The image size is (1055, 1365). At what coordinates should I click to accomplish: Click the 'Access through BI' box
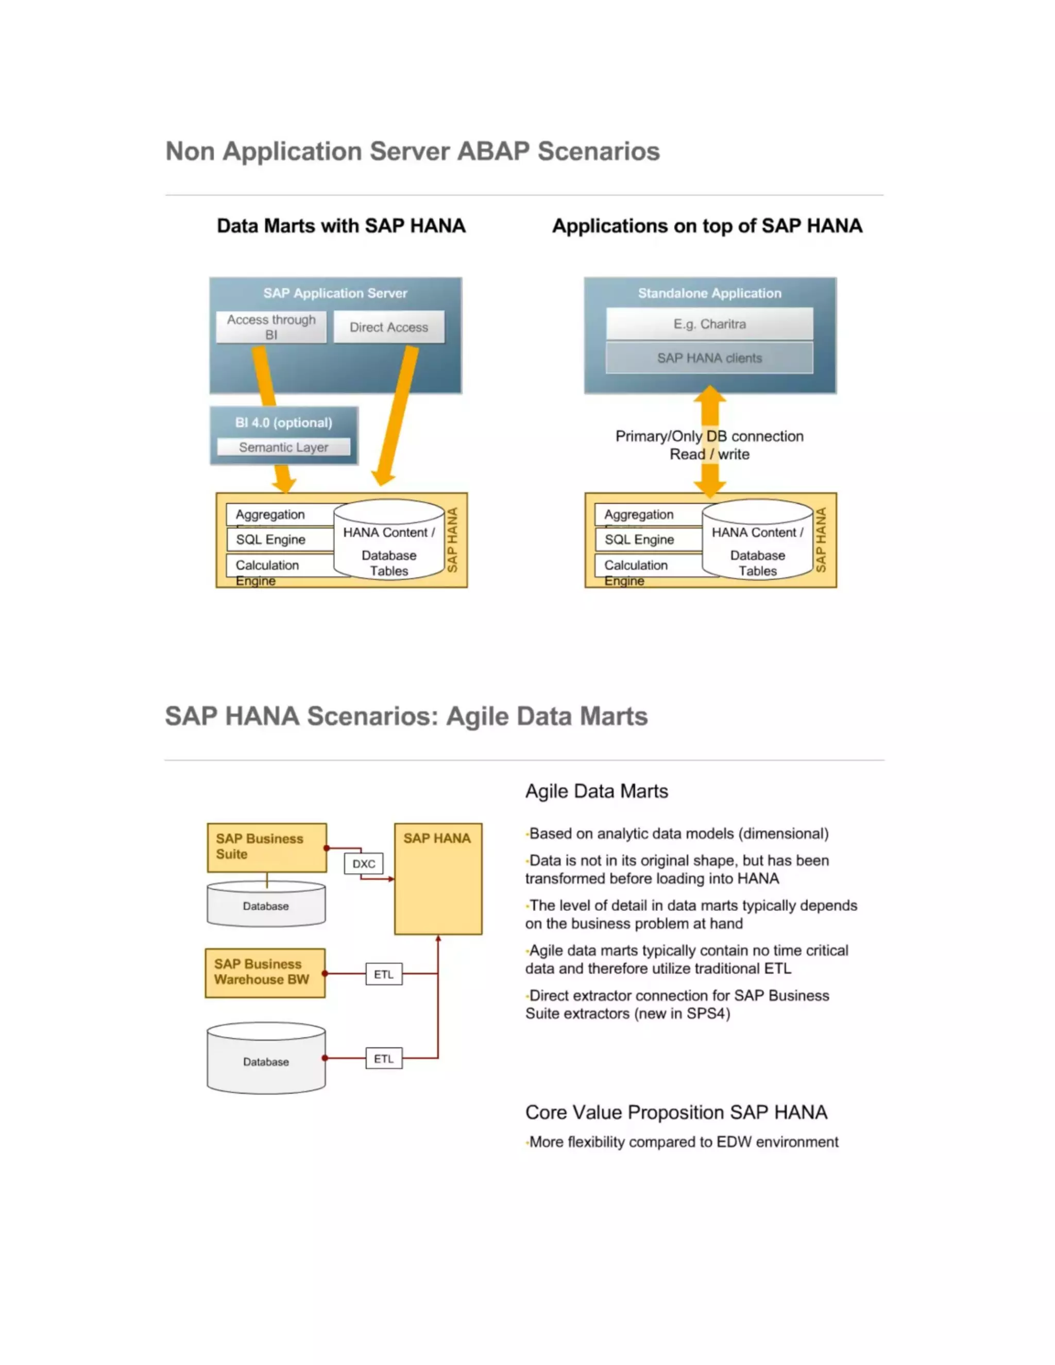click(x=271, y=327)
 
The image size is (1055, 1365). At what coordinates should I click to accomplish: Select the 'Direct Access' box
click(x=389, y=327)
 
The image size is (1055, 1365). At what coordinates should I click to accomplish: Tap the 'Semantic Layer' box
click(x=284, y=447)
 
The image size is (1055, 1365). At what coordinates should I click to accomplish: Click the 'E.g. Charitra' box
click(x=709, y=324)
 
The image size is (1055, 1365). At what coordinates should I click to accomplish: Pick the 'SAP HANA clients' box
click(x=709, y=358)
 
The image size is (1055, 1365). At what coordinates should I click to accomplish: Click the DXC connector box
click(x=364, y=864)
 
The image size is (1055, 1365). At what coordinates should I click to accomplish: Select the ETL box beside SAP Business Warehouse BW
click(x=384, y=975)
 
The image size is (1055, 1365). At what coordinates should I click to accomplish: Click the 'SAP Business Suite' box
click(x=267, y=847)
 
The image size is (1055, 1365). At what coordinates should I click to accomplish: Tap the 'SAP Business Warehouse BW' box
click(x=265, y=972)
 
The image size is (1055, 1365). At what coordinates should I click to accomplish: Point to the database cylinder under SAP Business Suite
click(x=266, y=906)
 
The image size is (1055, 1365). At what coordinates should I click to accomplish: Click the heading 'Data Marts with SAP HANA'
click(x=341, y=226)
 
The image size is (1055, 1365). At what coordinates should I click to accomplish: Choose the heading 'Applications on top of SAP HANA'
click(x=707, y=226)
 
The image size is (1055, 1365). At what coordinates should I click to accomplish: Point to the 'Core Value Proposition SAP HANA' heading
click(x=676, y=1113)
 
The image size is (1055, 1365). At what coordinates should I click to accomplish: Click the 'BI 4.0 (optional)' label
click(x=284, y=422)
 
